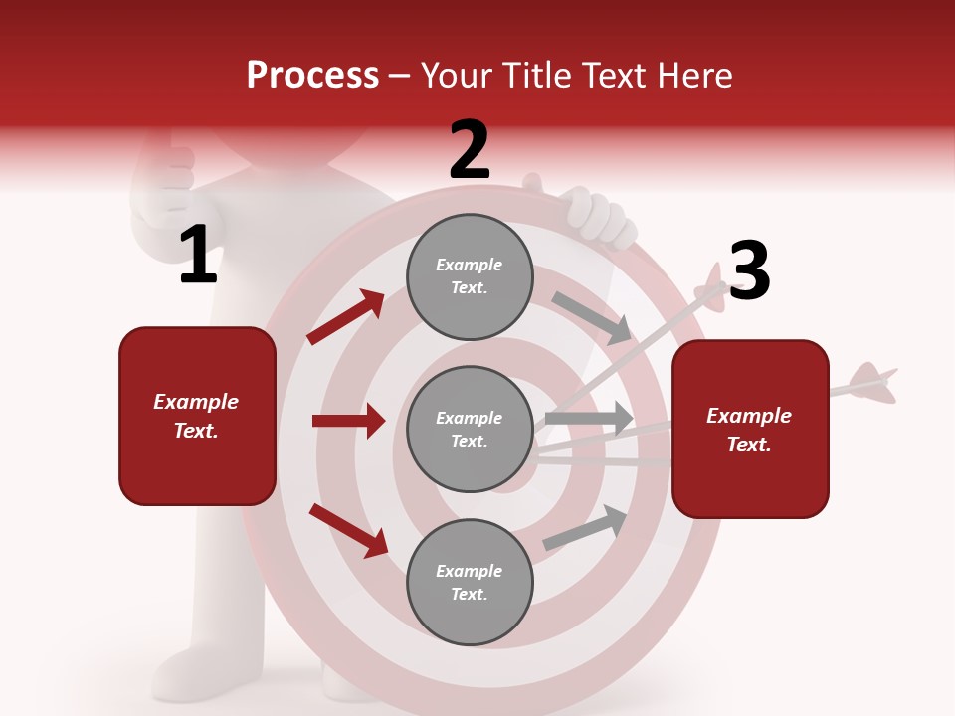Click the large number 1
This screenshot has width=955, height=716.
tap(198, 256)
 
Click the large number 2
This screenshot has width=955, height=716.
tap(469, 150)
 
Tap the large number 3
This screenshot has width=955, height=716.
tap(749, 271)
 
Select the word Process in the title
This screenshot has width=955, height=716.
tap(312, 75)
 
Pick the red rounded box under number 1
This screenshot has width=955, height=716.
tap(197, 416)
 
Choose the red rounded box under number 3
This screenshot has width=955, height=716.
tap(750, 429)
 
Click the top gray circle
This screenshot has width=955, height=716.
tap(470, 276)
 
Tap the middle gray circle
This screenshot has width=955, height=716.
tap(470, 429)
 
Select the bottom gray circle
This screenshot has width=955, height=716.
tap(470, 582)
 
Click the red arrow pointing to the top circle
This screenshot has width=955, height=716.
tap(346, 317)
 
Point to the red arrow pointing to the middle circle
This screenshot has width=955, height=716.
tap(348, 421)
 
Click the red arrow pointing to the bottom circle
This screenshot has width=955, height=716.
tap(348, 529)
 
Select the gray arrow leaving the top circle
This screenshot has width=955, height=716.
tap(591, 317)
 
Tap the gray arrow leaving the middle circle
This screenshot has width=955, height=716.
tap(589, 418)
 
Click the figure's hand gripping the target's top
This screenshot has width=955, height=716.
tap(597, 216)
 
